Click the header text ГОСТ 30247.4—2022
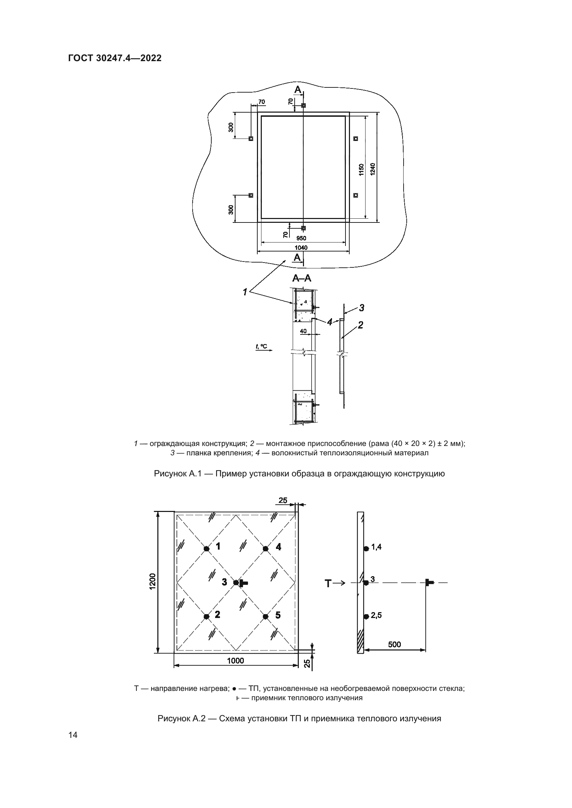point(115,58)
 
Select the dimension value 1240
point(373,169)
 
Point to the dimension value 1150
point(361,170)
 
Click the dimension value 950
point(301,238)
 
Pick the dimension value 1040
point(301,248)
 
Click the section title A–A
point(302,278)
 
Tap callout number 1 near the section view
point(245,292)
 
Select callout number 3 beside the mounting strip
point(361,308)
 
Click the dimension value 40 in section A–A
point(303,331)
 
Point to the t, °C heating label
point(261,347)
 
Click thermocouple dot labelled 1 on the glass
point(206,548)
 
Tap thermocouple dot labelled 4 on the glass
point(266,548)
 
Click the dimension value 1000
point(235,661)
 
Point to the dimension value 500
point(395,644)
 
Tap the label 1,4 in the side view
point(376,547)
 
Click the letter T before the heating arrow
point(328,584)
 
